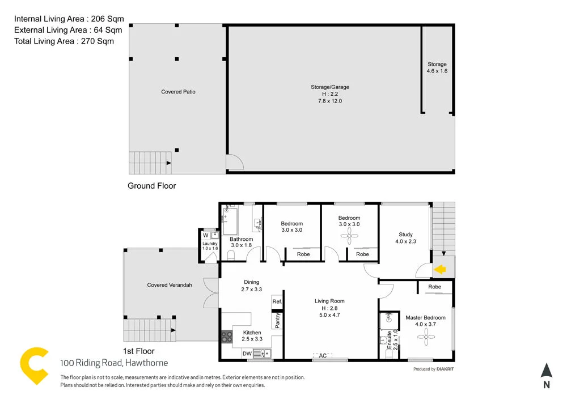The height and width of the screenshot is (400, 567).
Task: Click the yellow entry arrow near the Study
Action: click(x=441, y=270)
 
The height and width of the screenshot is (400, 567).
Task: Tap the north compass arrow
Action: click(x=546, y=372)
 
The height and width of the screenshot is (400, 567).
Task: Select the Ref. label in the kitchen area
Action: click(x=277, y=302)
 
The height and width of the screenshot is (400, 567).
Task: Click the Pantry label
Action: click(x=277, y=321)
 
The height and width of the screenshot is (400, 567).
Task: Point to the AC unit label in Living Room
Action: click(x=323, y=356)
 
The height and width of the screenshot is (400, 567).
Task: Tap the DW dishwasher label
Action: click(x=247, y=354)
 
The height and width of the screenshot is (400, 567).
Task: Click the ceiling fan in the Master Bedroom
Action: click(x=425, y=338)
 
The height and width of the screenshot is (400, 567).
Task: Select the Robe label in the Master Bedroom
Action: click(x=435, y=287)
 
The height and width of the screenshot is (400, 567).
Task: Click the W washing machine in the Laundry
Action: click(x=206, y=235)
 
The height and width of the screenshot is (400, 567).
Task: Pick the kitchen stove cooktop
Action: click(x=226, y=337)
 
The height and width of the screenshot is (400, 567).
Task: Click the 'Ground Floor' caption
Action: click(x=151, y=186)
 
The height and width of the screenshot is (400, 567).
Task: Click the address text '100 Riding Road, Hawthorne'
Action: click(x=114, y=363)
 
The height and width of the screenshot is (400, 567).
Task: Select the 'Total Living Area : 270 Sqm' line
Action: click(x=64, y=41)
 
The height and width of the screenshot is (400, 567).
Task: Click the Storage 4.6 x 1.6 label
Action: click(x=437, y=68)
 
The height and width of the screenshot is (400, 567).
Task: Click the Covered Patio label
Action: click(x=178, y=92)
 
